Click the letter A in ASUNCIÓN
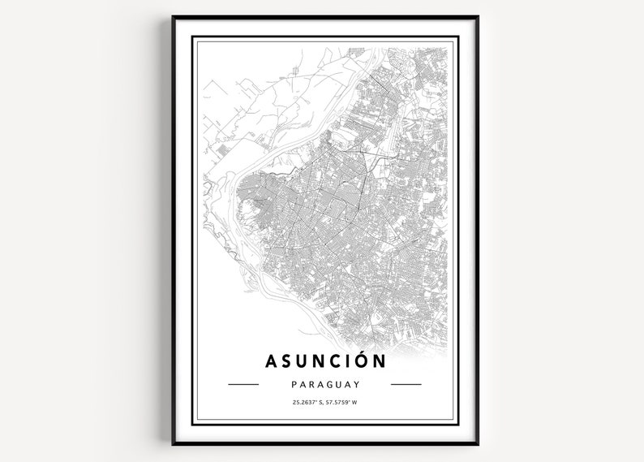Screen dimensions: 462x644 click(x=270, y=360)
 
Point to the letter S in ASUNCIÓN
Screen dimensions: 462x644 click(x=286, y=360)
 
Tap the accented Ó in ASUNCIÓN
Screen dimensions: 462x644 click(x=362, y=358)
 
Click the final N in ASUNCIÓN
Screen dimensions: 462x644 click(x=380, y=360)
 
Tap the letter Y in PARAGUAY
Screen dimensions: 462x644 click(x=356, y=384)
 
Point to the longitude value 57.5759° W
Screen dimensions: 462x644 click(x=339, y=404)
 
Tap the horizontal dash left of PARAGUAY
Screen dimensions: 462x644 click(x=243, y=384)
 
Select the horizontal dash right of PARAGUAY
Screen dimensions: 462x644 click(x=406, y=384)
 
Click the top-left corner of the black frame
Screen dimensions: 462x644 click(x=172, y=16)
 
